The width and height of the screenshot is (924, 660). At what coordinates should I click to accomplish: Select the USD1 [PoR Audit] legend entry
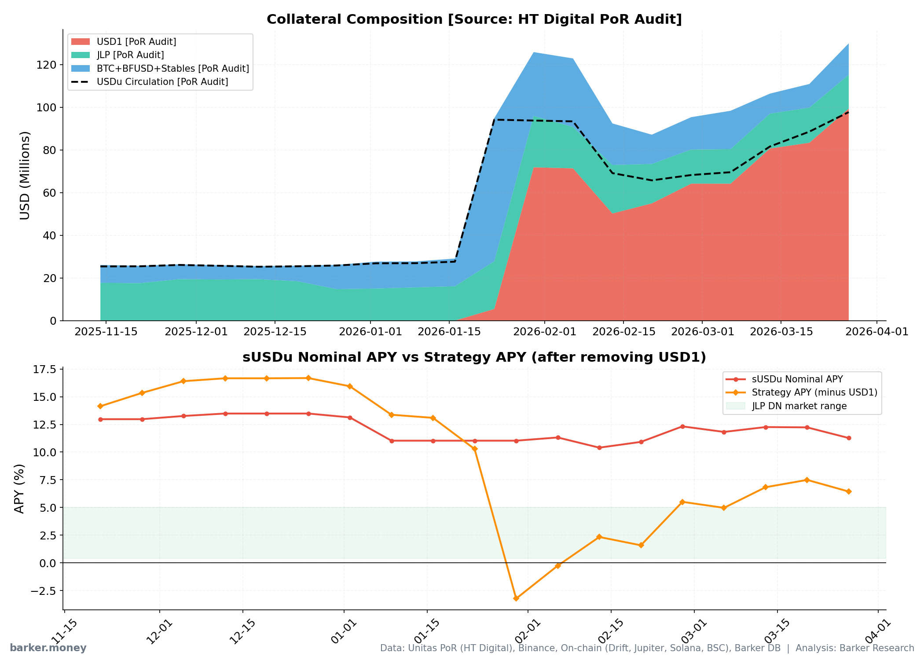pyautogui.click(x=136, y=42)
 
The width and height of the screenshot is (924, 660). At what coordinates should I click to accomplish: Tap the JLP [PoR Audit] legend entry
pyautogui.click(x=130, y=55)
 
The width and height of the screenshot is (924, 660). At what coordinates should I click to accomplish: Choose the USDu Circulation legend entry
pyautogui.click(x=162, y=82)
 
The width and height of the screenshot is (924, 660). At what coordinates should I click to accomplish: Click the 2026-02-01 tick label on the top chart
pyautogui.click(x=545, y=331)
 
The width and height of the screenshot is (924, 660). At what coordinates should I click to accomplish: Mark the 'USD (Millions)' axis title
pyautogui.click(x=25, y=175)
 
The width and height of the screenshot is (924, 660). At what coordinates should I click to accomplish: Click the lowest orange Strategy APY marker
pyautogui.click(x=516, y=598)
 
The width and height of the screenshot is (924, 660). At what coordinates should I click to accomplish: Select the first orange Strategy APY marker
pyautogui.click(x=100, y=406)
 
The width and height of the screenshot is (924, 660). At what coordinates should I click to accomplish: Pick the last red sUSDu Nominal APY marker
pyautogui.click(x=849, y=438)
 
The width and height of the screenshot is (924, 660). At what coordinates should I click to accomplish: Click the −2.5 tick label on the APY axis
pyautogui.click(x=43, y=591)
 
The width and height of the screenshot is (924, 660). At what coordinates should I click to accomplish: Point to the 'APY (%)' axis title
pyautogui.click(x=19, y=488)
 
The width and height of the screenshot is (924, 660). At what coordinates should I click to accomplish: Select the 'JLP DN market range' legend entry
pyautogui.click(x=799, y=406)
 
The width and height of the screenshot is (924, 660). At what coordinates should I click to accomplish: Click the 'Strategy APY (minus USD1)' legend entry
pyautogui.click(x=814, y=392)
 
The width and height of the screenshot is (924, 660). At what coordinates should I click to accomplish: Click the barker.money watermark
pyautogui.click(x=48, y=648)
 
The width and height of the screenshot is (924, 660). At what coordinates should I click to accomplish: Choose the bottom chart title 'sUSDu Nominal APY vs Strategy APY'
pyautogui.click(x=474, y=357)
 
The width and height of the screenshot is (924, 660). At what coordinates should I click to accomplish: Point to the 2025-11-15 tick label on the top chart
pyautogui.click(x=106, y=331)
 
